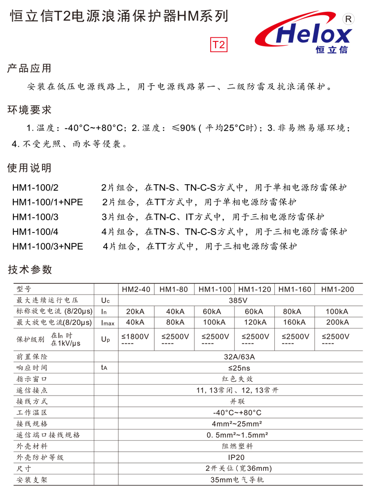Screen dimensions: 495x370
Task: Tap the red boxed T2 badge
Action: coord(219,45)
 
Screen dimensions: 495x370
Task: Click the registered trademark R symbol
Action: coord(349,19)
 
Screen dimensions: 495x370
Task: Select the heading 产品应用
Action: coord(29,68)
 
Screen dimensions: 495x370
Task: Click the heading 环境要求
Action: coord(29,110)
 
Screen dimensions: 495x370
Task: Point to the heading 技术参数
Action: coord(29,269)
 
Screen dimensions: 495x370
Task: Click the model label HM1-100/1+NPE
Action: coord(48,202)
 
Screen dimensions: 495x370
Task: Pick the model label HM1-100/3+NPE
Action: coord(48,246)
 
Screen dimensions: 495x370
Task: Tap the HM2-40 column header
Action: coord(136,289)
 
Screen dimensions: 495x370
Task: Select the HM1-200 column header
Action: coord(337,289)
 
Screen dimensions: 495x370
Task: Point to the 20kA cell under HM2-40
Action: coord(136,311)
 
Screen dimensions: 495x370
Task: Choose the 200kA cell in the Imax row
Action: coord(337,323)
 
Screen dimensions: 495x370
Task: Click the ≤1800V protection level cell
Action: coord(136,336)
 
